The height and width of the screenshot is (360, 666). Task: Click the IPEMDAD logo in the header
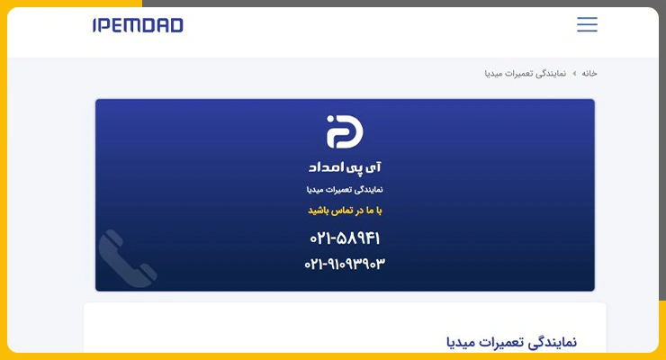(x=138, y=25)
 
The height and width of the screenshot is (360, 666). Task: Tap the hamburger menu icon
(x=587, y=24)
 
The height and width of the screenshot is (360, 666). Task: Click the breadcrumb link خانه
(x=589, y=74)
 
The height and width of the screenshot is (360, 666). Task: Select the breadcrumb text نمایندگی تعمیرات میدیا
(x=526, y=74)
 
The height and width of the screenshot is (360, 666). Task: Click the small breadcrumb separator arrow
(x=574, y=74)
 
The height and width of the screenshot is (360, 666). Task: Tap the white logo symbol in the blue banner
(x=345, y=131)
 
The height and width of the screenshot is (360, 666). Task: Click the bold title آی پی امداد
(x=345, y=167)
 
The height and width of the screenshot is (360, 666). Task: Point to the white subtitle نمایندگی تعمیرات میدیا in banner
(x=345, y=190)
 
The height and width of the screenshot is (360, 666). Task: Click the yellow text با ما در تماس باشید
(x=345, y=211)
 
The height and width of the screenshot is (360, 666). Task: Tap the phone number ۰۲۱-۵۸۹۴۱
(x=345, y=238)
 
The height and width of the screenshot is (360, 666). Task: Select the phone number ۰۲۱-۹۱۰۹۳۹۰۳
(x=345, y=264)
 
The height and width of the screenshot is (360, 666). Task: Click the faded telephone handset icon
(x=127, y=258)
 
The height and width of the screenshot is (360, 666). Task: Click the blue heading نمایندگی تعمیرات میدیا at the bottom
(x=511, y=342)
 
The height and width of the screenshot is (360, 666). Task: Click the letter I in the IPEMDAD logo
(x=94, y=25)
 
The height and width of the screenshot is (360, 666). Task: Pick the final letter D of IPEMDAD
(x=176, y=25)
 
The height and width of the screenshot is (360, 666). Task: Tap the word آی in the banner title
(x=373, y=167)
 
